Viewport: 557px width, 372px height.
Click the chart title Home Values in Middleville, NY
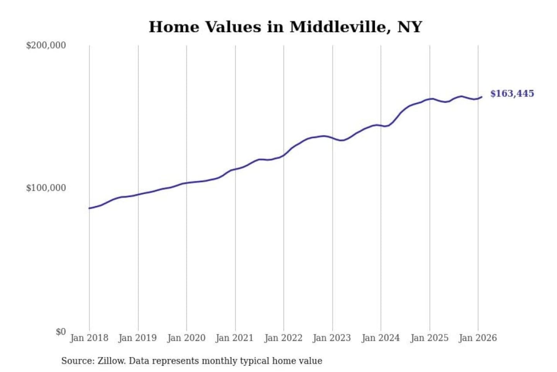coord(285,27)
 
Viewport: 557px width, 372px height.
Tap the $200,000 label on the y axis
coord(46,45)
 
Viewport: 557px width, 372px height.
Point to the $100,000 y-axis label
coord(46,188)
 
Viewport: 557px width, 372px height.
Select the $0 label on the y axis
coord(60,332)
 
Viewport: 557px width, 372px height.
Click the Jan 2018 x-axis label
coord(89,338)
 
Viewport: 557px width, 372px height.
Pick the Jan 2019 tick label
coord(138,338)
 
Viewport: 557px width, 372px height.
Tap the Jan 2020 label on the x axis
coord(186,338)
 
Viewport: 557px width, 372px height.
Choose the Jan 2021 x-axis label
coord(234,338)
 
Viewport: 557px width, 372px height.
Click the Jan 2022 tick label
coord(283,338)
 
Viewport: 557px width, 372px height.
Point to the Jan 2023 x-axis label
coord(331,338)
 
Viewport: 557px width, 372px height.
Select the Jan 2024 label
coord(380,338)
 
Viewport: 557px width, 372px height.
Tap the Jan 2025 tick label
coord(429,338)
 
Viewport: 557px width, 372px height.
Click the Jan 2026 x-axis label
coord(477,338)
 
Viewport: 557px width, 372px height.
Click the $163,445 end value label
coord(512,94)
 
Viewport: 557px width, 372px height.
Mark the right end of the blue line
coord(482,97)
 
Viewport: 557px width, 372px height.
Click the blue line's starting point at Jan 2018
coord(89,208)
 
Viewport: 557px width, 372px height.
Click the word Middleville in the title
coord(337,27)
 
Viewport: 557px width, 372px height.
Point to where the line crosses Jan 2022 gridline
coord(284,156)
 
